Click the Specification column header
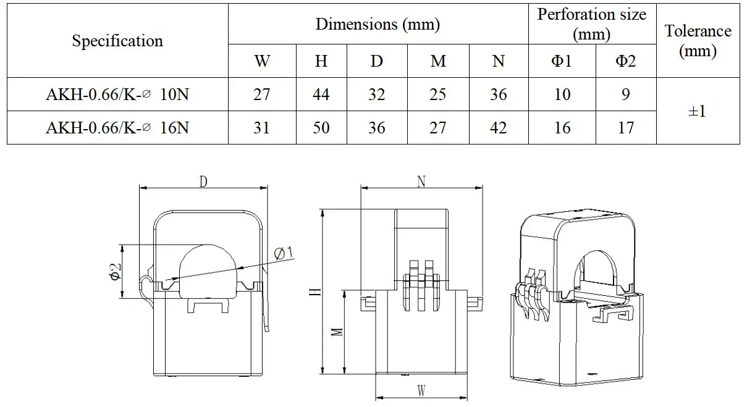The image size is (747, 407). [117, 41]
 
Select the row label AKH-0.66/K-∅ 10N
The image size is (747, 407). [117, 94]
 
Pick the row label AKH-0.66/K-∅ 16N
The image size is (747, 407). [117, 128]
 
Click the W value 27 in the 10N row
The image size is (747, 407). [262, 94]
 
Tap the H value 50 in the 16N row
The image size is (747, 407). [321, 128]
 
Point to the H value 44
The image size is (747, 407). [321, 94]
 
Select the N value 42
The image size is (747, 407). [498, 128]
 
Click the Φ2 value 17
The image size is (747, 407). [626, 128]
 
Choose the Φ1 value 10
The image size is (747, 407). [562, 94]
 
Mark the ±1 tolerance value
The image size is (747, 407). [698, 111]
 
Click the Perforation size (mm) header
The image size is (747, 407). [591, 24]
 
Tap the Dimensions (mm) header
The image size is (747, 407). [378, 24]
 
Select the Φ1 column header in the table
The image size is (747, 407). [562, 61]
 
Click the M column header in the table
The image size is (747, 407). [438, 61]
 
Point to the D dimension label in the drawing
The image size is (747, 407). [202, 181]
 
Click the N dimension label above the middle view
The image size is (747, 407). [421, 181]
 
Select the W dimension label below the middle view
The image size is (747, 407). [421, 391]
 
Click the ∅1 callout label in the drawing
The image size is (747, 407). [284, 253]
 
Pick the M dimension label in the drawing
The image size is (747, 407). [337, 332]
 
